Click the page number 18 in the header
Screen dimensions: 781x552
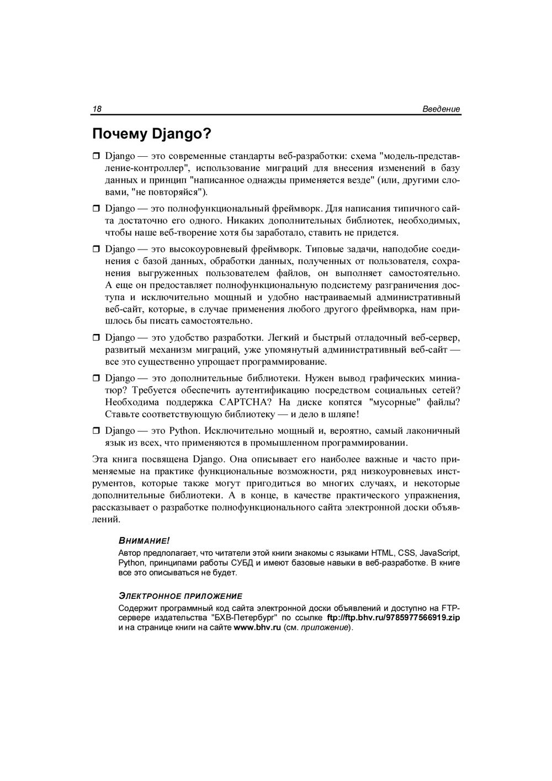coord(97,109)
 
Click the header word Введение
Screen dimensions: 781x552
coord(441,109)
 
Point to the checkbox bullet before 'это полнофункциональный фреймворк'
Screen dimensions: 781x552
coord(95,209)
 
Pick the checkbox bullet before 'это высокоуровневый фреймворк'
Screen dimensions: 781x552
coord(95,249)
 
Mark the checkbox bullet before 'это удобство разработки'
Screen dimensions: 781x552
coord(95,338)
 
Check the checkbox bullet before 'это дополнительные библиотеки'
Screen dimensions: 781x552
coord(95,379)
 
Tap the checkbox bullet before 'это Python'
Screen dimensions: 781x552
coord(95,431)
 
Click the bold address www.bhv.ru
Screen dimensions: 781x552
coord(257,628)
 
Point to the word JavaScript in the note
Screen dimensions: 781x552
coord(439,552)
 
